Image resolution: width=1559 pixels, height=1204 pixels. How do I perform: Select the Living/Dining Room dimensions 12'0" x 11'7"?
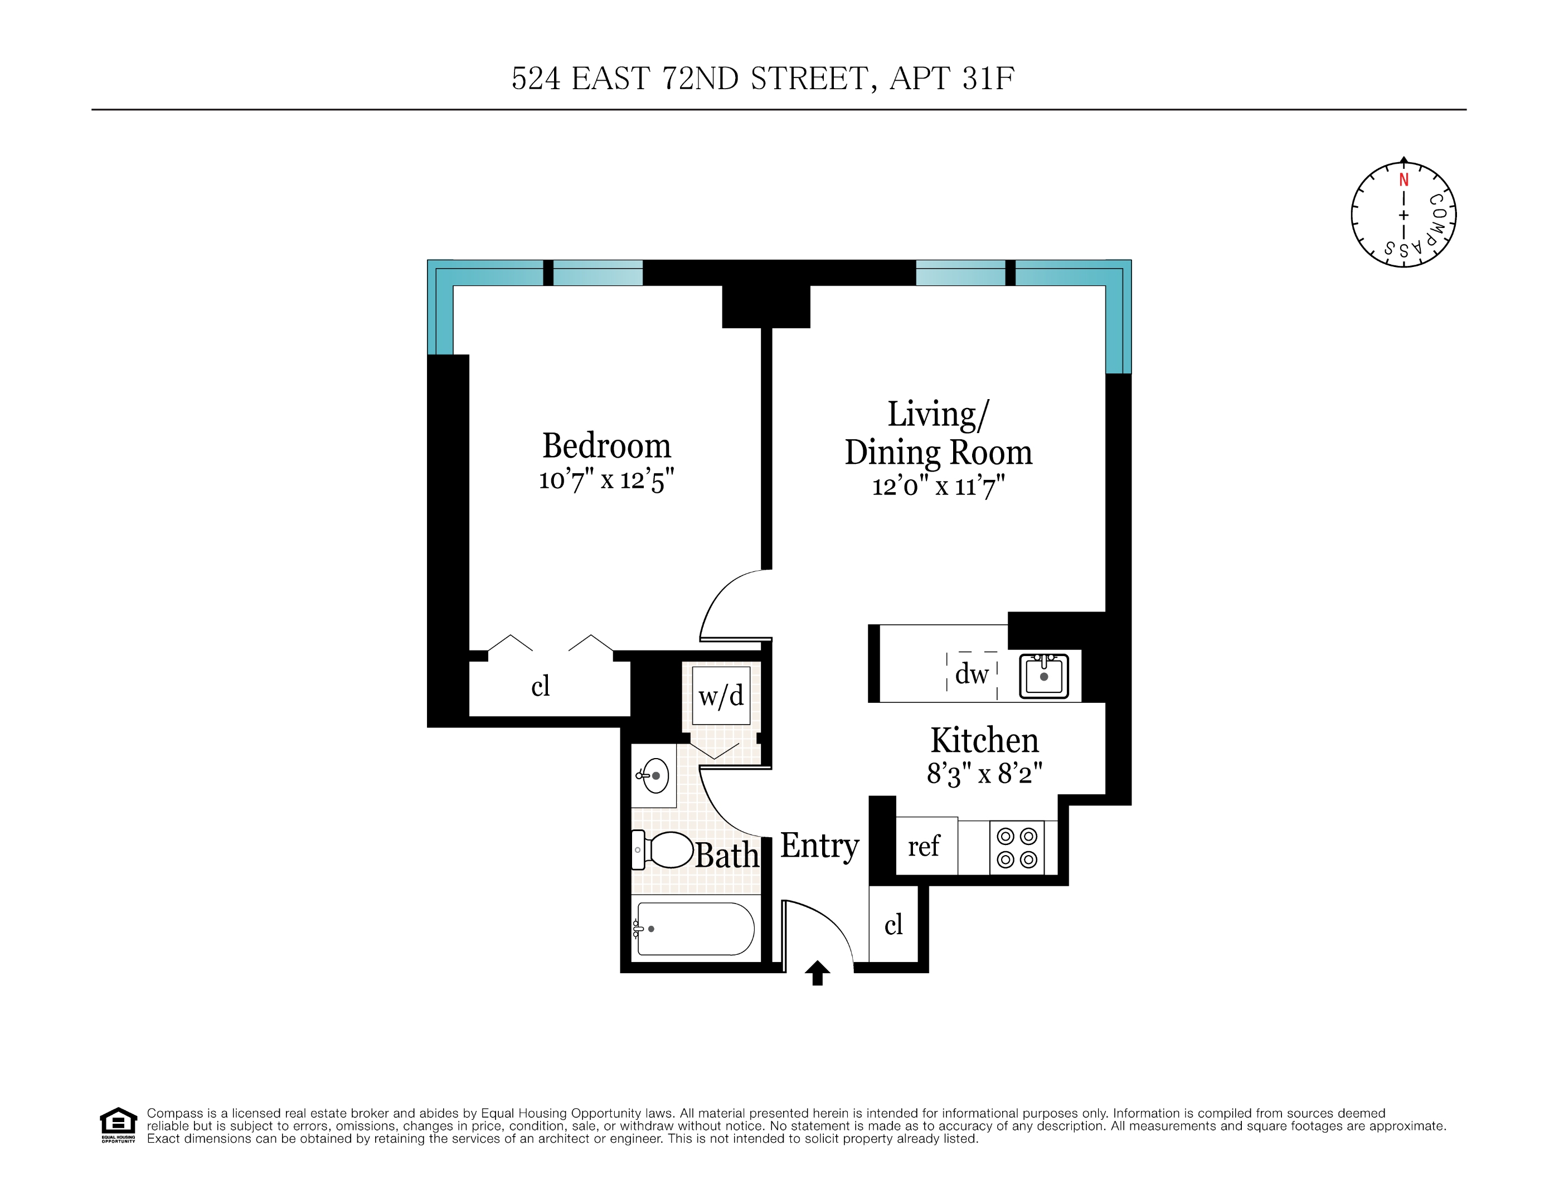[x=938, y=487]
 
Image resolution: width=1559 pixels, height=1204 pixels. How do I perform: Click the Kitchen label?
[x=984, y=740]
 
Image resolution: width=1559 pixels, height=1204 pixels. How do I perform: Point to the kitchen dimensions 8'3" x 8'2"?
[x=984, y=774]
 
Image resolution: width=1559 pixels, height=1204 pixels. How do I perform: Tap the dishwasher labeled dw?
[x=972, y=674]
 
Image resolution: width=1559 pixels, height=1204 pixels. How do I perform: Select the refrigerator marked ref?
[x=924, y=847]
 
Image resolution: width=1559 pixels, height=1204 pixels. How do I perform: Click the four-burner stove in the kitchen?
[x=1017, y=847]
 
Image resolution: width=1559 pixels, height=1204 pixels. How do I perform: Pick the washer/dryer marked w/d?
[x=721, y=696]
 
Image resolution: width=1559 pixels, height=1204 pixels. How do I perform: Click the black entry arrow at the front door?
[x=817, y=973]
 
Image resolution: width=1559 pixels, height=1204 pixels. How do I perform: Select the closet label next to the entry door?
[x=893, y=925]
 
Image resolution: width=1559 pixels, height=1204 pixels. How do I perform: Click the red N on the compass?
[x=1403, y=180]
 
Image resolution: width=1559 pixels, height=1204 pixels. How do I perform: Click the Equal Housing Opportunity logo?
[x=118, y=1125]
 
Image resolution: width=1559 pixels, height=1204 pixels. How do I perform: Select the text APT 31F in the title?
[x=951, y=79]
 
